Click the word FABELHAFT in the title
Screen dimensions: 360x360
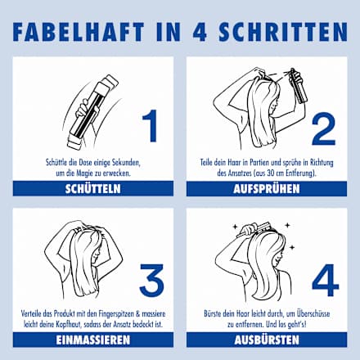[79, 32]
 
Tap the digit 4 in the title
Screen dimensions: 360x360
[200, 32]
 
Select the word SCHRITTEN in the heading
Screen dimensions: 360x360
[283, 32]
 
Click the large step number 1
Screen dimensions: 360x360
[151, 125]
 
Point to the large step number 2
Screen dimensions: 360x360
[323, 129]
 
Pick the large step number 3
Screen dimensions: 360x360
[151, 281]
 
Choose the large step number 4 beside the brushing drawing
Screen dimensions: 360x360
[326, 280]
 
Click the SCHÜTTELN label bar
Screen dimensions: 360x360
[93, 188]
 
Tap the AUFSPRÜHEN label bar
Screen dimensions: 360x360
[267, 188]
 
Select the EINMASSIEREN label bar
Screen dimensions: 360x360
[93, 340]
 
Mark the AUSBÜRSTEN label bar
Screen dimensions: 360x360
[267, 340]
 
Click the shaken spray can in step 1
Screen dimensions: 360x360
[92, 112]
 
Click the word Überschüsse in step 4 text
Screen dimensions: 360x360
[313, 313]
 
